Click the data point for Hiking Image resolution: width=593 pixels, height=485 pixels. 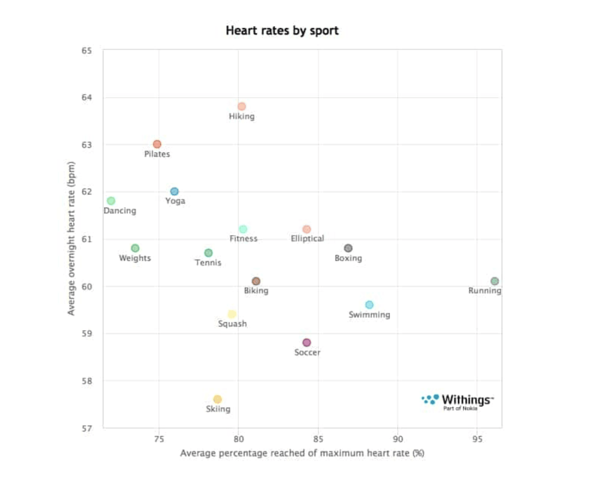point(242,106)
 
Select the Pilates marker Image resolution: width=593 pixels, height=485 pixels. point(157,144)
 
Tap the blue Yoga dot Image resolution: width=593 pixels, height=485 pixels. point(174,192)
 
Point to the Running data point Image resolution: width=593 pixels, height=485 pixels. point(494,281)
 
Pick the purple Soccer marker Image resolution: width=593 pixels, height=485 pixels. point(307,342)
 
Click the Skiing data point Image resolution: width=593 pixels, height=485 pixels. point(218,399)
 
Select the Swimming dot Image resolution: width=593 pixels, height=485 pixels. point(369,305)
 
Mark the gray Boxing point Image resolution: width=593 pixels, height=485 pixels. point(348,248)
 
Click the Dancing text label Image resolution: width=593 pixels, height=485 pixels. point(120,210)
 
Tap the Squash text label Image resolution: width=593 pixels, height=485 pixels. point(232,324)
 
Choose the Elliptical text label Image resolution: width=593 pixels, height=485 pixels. point(307,238)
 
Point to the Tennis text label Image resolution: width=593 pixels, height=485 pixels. point(208,262)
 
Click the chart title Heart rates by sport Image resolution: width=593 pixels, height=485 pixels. point(282,31)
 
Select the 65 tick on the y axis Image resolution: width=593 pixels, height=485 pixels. point(86,51)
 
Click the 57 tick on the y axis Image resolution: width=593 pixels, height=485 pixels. point(86,428)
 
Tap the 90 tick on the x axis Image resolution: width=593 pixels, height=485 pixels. point(398,439)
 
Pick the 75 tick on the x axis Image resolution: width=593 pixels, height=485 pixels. point(159,439)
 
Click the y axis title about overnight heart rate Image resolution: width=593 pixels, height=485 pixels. point(71,238)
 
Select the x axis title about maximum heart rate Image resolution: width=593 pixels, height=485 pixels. point(302,453)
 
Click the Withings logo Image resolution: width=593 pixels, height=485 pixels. point(458,401)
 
